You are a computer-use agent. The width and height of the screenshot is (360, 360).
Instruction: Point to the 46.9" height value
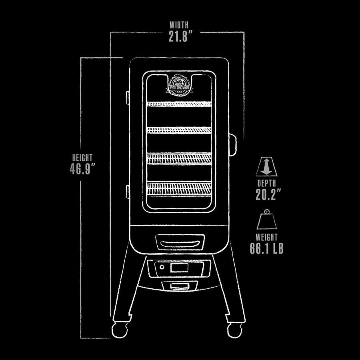coord(83,169)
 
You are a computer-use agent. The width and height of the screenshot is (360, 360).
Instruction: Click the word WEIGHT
coord(267,237)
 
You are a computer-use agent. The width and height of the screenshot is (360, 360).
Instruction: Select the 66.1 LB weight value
coord(267,248)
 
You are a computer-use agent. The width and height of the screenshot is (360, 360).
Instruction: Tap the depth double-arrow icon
coord(266,167)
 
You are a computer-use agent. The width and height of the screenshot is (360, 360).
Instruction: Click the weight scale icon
coord(267,220)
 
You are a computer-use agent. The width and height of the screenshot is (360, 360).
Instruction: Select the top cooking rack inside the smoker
coord(179,104)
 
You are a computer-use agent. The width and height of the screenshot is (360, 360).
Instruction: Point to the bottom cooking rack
coord(179,188)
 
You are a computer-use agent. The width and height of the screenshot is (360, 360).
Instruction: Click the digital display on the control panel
coord(179,268)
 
